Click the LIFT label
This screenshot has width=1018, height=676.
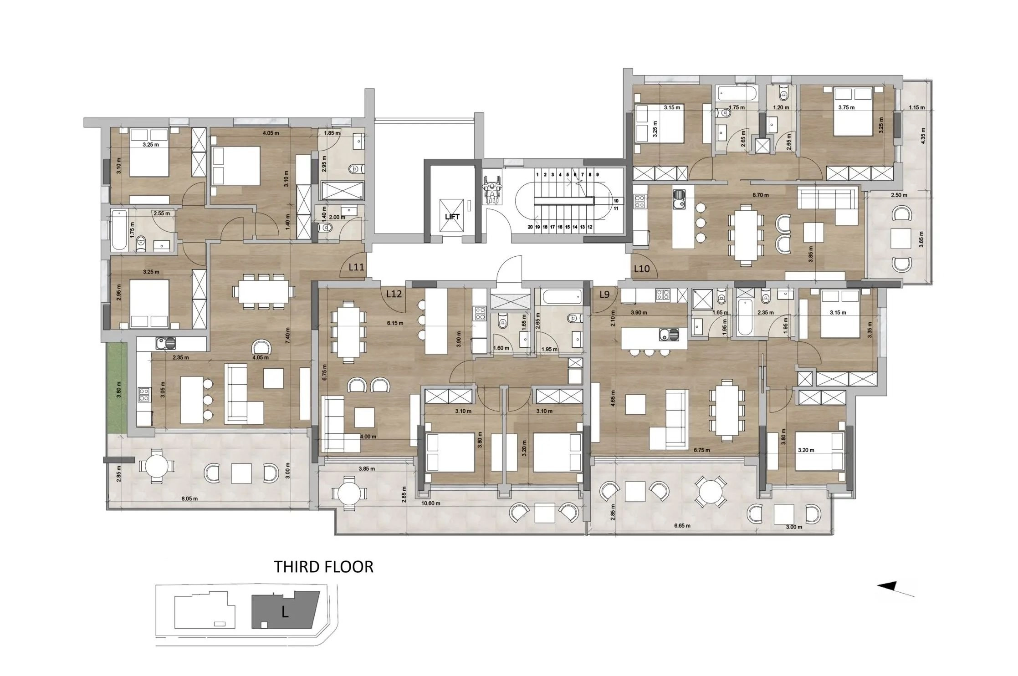tap(452, 217)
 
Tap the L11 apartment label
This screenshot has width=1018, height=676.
tap(356, 267)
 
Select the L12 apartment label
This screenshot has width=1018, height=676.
tap(394, 294)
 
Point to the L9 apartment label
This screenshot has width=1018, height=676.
tap(604, 295)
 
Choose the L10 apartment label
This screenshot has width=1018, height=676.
tap(642, 269)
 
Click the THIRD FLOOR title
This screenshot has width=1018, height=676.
tap(323, 567)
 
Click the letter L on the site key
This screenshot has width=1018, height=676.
tap(285, 612)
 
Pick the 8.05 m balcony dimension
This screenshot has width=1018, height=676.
tap(189, 498)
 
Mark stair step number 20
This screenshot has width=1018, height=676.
tap(530, 226)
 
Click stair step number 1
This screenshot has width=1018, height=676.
tap(537, 174)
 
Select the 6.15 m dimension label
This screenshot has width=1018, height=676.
tap(395, 323)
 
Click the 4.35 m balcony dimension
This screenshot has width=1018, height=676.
tap(923, 136)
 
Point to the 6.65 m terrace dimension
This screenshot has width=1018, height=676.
tap(682, 526)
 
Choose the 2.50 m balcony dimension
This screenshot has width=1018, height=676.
tap(899, 195)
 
